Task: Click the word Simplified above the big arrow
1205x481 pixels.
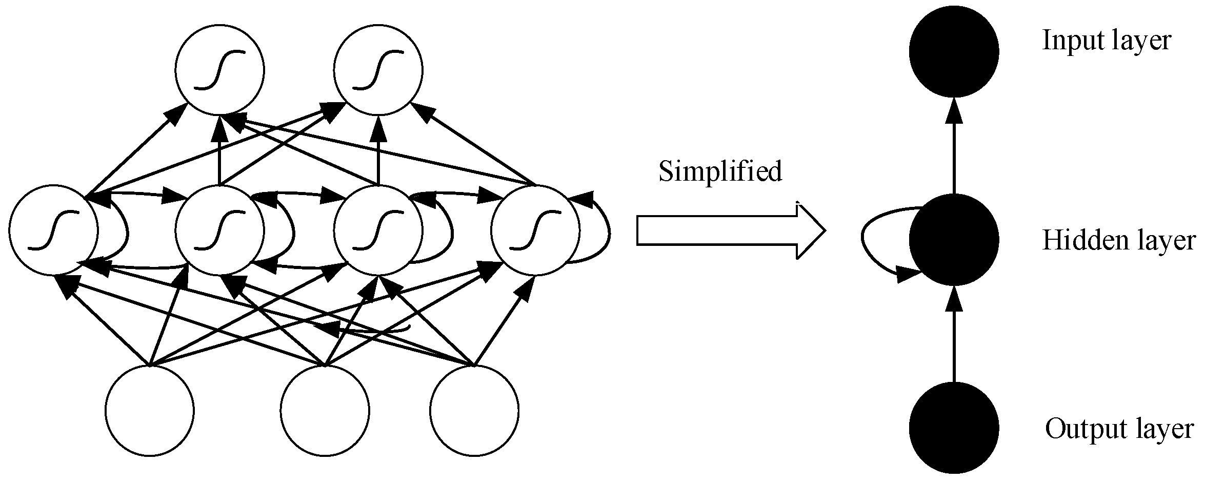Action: click(720, 171)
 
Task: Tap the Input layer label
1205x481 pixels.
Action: click(1107, 41)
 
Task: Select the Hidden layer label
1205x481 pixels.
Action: click(1118, 240)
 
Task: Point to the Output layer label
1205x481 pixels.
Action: click(1119, 429)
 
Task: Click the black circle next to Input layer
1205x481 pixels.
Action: click(954, 51)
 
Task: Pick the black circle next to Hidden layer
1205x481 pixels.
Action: click(954, 239)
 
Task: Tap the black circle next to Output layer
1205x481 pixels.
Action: click(954, 428)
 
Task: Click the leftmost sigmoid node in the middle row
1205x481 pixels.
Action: click(53, 230)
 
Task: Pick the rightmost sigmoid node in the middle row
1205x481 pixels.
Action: click(535, 230)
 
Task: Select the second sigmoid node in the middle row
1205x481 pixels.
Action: click(220, 230)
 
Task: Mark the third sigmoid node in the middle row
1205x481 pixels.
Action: click(378, 230)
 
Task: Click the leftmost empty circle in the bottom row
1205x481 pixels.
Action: click(150, 411)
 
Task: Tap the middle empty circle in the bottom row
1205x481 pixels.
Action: click(325, 411)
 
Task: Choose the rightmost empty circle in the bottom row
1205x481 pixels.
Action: click(474, 411)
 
